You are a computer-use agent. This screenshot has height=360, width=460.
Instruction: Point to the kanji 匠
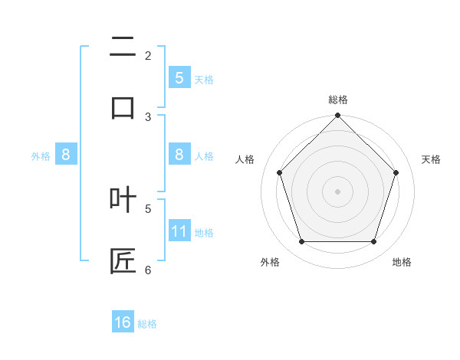tap(123, 260)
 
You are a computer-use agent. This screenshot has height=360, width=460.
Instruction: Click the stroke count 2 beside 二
tap(148, 55)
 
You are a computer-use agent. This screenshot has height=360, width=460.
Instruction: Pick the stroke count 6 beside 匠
tap(148, 270)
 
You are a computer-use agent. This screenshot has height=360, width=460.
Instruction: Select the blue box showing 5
tap(179, 77)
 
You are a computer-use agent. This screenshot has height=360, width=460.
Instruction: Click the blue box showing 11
tap(179, 231)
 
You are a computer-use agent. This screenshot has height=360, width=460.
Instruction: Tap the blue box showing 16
tap(123, 322)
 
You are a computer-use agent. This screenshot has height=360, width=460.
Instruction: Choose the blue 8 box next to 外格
tap(66, 155)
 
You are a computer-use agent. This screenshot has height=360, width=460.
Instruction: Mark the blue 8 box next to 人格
tap(179, 155)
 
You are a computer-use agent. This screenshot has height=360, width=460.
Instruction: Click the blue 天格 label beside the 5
tap(204, 79)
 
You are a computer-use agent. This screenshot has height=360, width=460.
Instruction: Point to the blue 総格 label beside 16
tap(147, 324)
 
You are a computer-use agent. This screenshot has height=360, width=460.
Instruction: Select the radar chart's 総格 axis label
tap(337, 100)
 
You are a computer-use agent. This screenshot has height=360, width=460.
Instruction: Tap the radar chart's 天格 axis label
tap(431, 159)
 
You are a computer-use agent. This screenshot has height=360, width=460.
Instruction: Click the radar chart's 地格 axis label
tap(402, 262)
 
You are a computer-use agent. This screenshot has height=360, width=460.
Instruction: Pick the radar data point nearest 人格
tap(279, 172)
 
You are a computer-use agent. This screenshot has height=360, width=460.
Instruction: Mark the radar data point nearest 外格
tap(301, 242)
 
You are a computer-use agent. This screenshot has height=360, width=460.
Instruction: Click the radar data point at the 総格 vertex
tap(337, 116)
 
